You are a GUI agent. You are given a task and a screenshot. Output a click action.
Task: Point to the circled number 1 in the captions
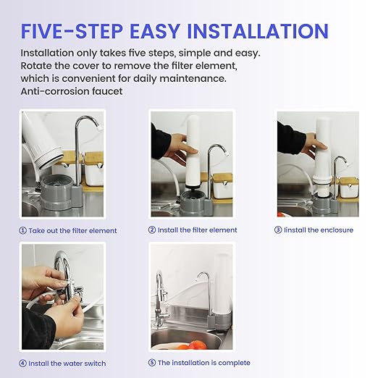point(23,231)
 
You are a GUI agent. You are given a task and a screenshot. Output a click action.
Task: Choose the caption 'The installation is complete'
point(203,363)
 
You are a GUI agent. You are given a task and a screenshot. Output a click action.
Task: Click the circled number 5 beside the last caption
point(152,363)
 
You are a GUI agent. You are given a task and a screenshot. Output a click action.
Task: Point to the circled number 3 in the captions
point(278,230)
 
